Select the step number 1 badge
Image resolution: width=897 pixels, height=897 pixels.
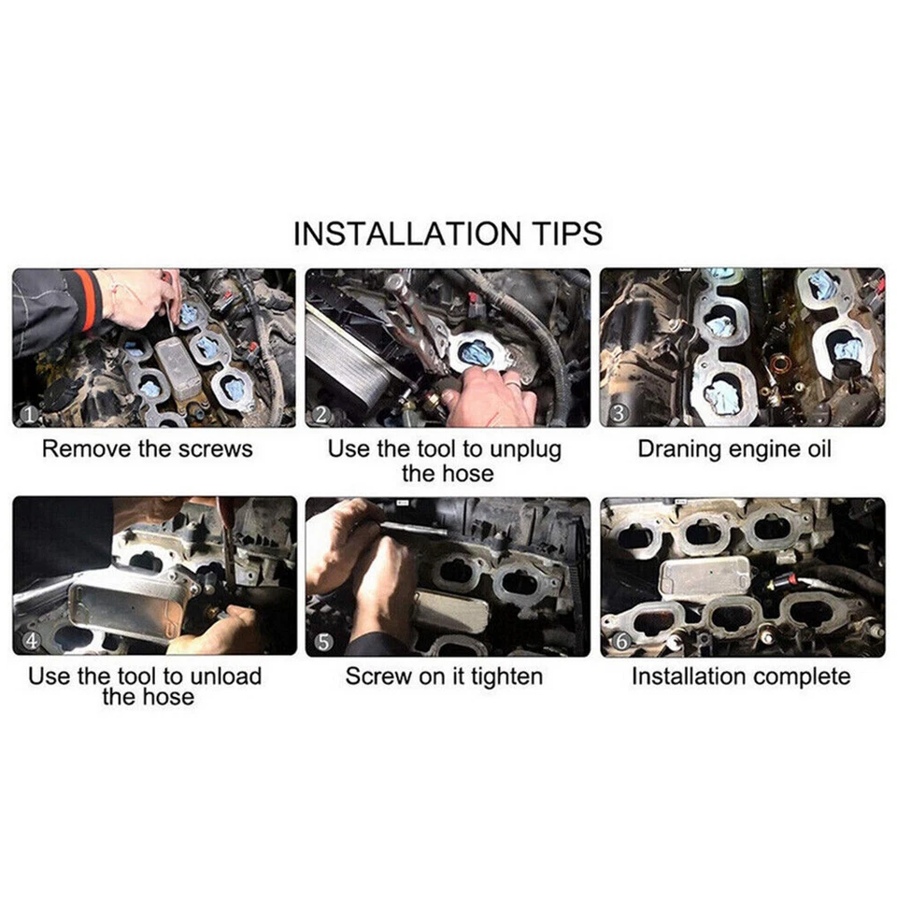tap(28, 411)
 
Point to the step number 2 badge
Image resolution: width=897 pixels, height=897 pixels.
tap(322, 412)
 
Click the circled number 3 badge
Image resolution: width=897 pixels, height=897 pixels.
tap(617, 412)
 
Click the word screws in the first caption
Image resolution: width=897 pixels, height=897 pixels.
tap(215, 448)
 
